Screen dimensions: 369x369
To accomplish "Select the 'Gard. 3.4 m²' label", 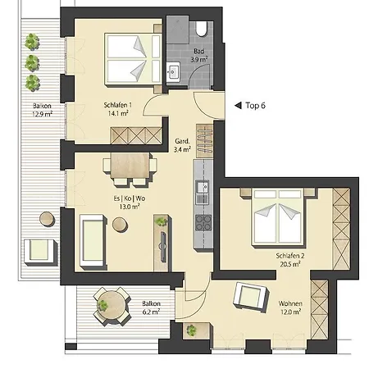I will [182, 145].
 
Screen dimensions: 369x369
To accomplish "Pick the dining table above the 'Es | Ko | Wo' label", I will [132, 166].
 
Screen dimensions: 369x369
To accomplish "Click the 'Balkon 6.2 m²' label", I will [150, 307].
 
